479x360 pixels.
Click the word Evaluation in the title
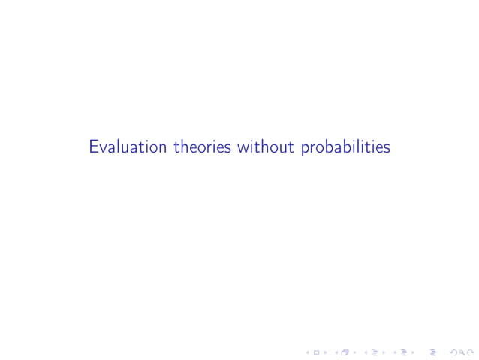tap(128, 147)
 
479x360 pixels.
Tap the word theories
tap(203, 147)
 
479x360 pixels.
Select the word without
tap(267, 147)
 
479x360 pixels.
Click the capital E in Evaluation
tap(94, 147)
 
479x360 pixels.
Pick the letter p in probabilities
tap(305, 150)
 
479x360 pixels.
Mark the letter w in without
tap(243, 148)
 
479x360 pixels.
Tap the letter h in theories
tap(184, 147)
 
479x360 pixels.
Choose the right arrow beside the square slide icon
tap(325, 351)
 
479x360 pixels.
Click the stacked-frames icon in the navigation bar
tap(345, 351)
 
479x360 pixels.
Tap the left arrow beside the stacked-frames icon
tap(336, 351)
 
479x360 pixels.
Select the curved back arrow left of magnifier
tap(453, 351)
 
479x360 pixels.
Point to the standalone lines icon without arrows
tap(434, 351)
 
